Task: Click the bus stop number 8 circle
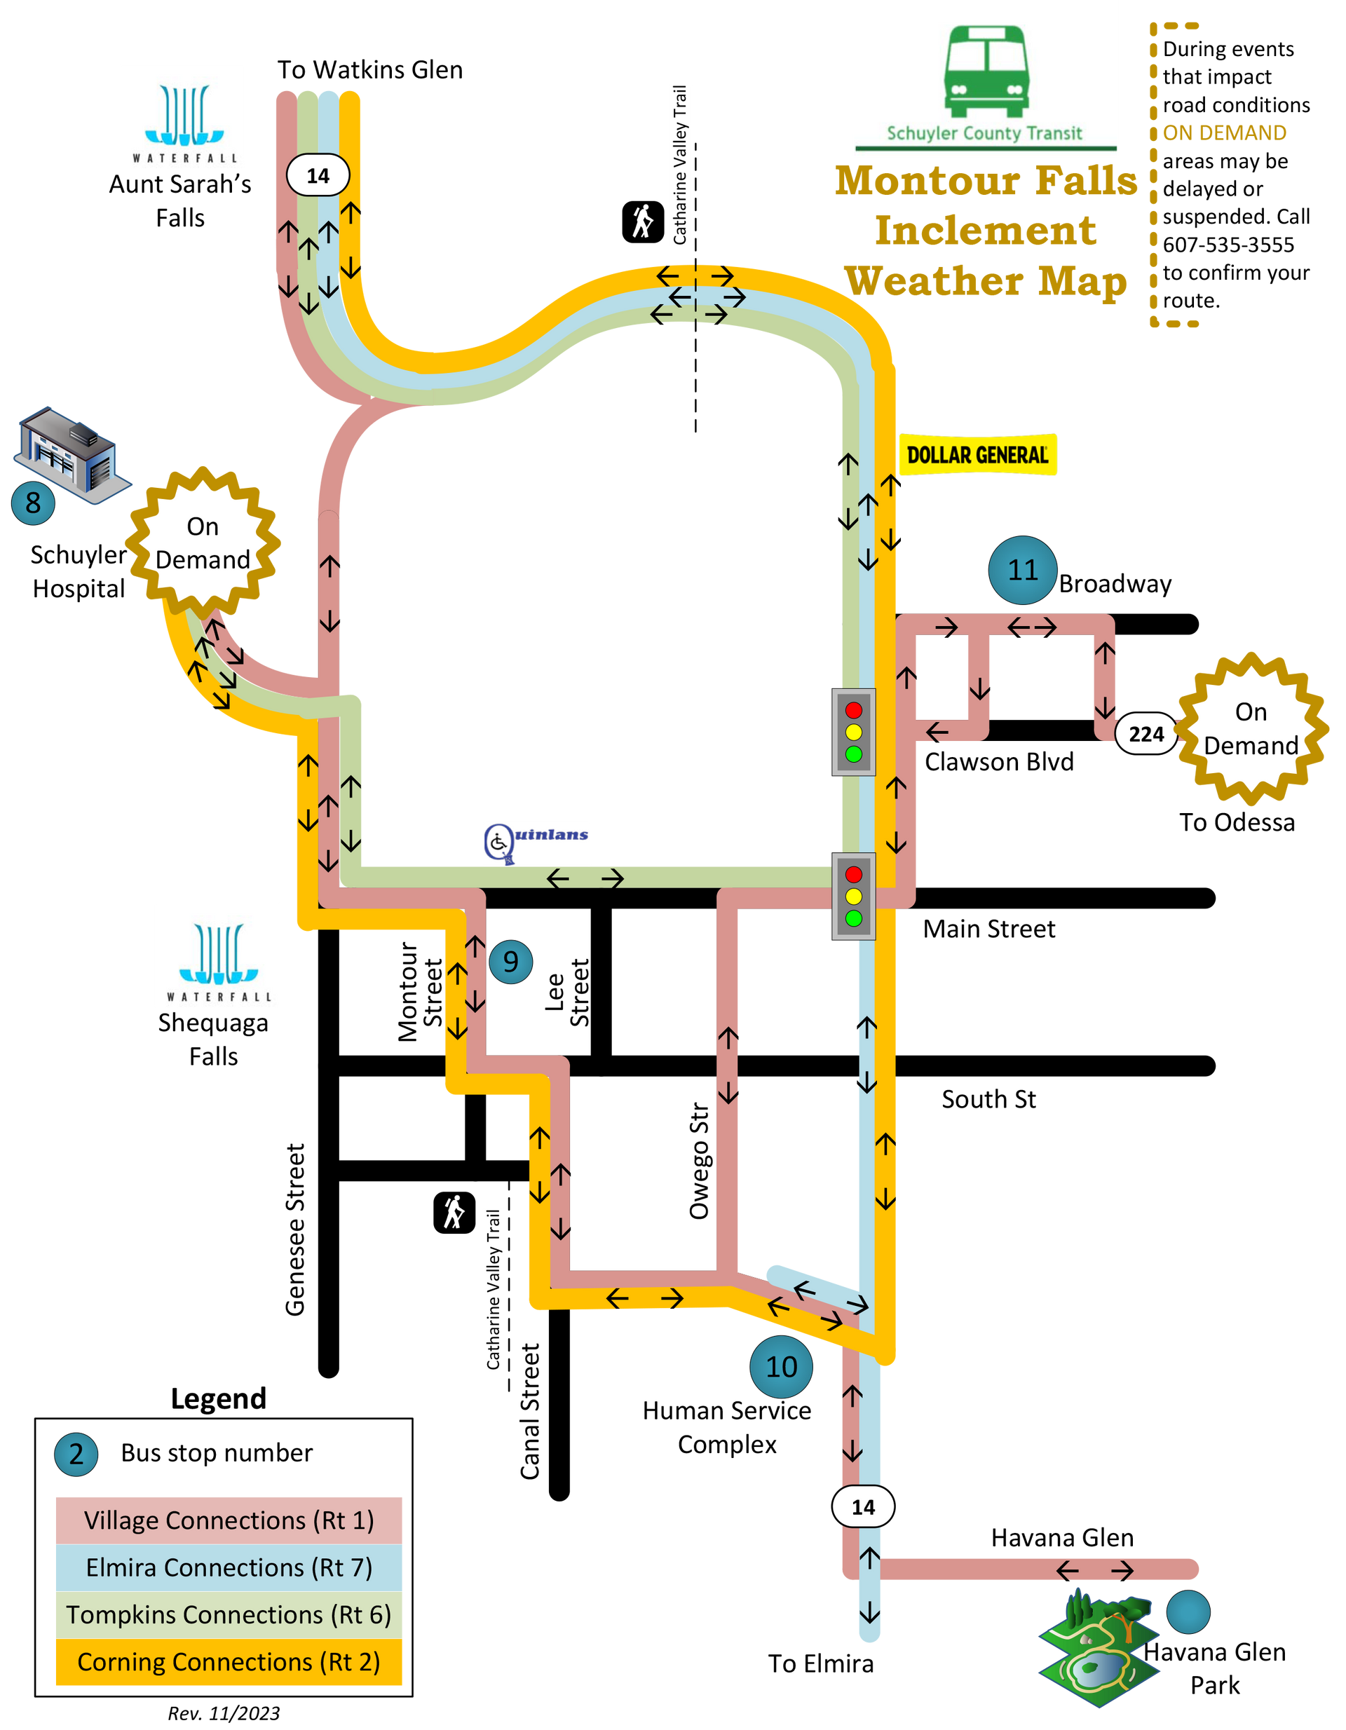(33, 503)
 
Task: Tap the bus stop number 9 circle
(511, 962)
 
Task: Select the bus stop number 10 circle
(781, 1366)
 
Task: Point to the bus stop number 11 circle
(1023, 569)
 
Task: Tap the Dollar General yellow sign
(978, 455)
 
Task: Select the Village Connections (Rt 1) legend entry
(229, 1520)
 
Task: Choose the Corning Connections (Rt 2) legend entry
(229, 1662)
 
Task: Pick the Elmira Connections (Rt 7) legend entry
(229, 1567)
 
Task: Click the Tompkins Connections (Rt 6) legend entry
(229, 1614)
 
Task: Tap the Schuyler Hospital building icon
(72, 455)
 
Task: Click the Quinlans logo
(536, 842)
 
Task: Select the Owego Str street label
(699, 1161)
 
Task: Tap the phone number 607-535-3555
(1228, 245)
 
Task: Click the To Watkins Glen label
(370, 69)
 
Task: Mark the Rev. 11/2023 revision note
(224, 1713)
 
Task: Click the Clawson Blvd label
(999, 761)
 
